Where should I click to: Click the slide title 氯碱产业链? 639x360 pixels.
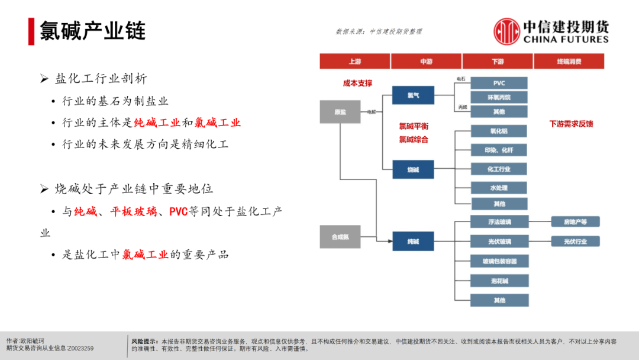[x=93, y=31]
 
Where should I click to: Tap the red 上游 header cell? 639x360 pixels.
[x=354, y=62]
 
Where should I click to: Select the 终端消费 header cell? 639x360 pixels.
[x=569, y=62]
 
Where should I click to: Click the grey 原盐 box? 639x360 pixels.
[x=340, y=111]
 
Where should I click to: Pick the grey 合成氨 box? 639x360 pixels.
[x=340, y=237]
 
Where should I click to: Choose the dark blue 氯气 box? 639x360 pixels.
[x=412, y=95]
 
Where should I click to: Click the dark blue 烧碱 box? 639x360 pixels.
[x=412, y=170]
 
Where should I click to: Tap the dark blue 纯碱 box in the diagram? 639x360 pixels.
[x=412, y=242]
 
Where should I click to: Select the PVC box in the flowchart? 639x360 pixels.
[x=499, y=83]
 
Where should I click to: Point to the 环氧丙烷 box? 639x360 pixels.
[x=499, y=98]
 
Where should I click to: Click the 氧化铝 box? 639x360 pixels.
[x=499, y=131]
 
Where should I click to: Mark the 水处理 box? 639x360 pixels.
[x=499, y=188]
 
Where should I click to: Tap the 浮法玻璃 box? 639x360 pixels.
[x=499, y=222]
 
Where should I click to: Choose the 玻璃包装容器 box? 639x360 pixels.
[x=499, y=261]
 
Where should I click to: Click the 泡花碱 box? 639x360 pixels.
[x=499, y=281]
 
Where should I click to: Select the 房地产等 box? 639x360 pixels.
[x=575, y=222]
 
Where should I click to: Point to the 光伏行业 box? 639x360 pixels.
[x=575, y=242]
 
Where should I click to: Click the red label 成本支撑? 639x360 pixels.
[x=357, y=83]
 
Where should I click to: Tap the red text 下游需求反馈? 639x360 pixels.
[x=571, y=124]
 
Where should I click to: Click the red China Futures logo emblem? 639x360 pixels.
[x=506, y=31]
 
